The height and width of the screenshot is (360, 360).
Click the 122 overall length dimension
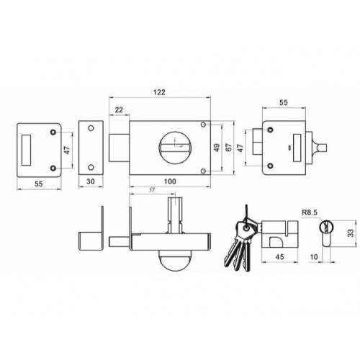click(159, 92)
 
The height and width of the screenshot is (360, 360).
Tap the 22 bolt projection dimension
click(119, 110)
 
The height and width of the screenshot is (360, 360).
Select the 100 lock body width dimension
click(170, 181)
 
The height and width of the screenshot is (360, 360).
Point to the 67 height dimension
click(229, 148)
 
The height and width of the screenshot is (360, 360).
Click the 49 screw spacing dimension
click(217, 148)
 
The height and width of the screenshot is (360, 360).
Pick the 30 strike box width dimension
click(91, 181)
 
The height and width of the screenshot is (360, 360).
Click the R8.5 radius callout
click(310, 212)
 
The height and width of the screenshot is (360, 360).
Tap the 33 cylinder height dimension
click(351, 233)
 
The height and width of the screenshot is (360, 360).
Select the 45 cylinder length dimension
click(279, 257)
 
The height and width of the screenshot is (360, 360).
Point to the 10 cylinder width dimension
click(314, 257)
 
